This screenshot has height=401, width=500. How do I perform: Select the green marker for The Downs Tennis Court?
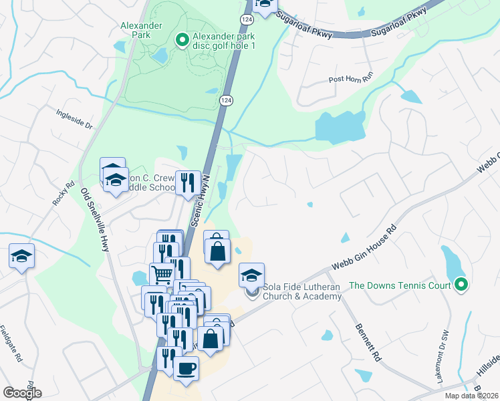point(461,286)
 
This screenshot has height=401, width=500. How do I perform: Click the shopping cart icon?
point(162,273)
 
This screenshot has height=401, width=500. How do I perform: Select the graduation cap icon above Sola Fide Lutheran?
point(251,274)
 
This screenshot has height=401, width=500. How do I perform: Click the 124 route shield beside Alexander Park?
point(225,100)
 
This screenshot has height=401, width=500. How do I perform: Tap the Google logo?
point(22,392)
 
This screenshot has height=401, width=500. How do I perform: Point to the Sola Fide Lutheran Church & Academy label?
point(302,291)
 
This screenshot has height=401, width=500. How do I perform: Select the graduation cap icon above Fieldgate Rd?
point(21,255)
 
